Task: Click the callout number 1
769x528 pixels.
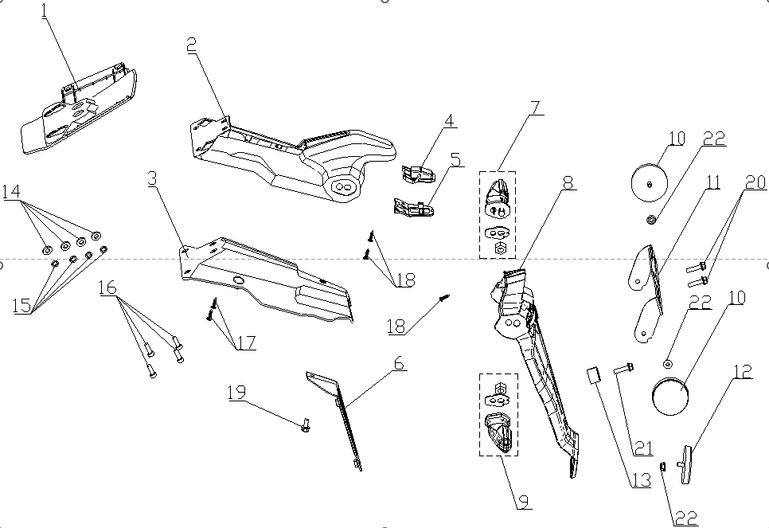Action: pos(45,11)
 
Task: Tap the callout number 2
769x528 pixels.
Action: pos(192,45)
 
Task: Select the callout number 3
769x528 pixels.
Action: pos(153,178)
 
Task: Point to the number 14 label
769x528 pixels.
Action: pos(12,191)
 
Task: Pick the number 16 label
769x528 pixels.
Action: pos(108,287)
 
